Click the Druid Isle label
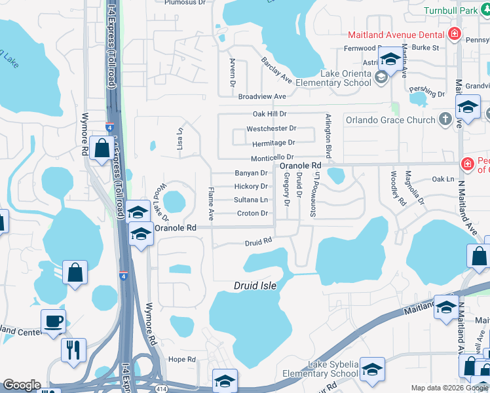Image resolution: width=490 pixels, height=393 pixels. (255, 286)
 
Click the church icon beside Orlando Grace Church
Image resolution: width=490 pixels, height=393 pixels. (445, 119)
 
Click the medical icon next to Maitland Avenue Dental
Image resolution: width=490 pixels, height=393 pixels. (454, 34)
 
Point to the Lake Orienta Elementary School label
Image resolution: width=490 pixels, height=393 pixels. (333, 78)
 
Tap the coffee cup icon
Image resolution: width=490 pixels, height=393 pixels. (53, 322)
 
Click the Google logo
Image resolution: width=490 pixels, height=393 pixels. (22, 385)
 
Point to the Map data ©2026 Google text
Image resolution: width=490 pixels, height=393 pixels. (449, 388)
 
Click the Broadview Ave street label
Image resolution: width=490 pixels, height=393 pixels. (263, 96)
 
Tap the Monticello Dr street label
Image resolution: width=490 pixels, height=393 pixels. (272, 159)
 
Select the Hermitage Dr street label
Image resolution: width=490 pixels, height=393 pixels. (273, 143)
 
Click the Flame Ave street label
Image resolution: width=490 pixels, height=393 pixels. (211, 202)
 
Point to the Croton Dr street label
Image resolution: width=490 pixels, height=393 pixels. (252, 214)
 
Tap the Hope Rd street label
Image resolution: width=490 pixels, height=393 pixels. (182, 360)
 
